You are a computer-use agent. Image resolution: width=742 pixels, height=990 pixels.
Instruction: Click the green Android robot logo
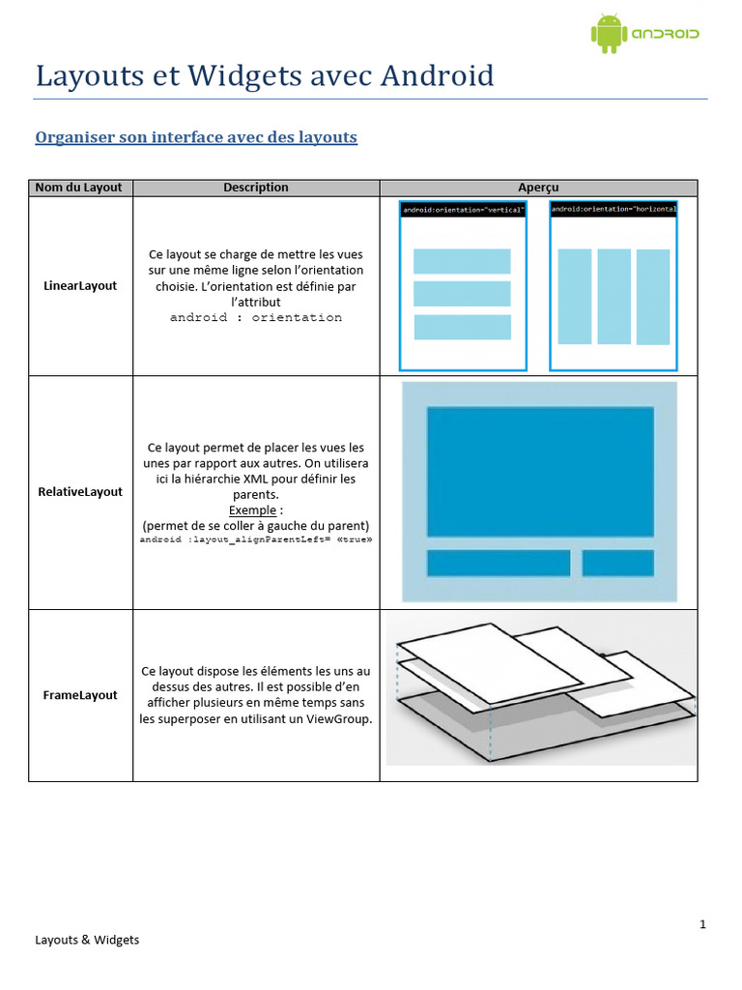[608, 33]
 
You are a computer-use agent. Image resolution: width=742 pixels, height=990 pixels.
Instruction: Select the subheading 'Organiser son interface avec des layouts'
[196, 137]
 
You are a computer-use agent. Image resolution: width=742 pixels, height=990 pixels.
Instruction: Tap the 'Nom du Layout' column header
[79, 188]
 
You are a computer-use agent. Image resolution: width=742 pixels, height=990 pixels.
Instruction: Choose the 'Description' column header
[256, 188]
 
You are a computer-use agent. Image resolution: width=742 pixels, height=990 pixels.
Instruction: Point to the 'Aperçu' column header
[538, 188]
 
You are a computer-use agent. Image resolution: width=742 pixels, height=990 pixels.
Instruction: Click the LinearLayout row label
[80, 286]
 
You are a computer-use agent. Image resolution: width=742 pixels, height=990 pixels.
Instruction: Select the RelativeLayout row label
[80, 492]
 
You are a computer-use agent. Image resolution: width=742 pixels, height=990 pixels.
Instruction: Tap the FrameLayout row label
[80, 695]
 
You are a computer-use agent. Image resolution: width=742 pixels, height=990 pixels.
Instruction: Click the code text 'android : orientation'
[256, 317]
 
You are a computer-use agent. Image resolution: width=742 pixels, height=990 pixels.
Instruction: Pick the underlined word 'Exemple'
[253, 510]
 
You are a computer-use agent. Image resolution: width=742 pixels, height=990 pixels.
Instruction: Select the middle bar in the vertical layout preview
[462, 294]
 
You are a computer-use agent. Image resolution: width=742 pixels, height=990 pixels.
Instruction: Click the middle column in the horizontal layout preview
[614, 297]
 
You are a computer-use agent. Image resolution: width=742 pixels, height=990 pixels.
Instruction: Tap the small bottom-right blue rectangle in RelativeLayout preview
[617, 563]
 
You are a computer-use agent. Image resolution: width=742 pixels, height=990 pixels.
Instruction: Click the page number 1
[702, 924]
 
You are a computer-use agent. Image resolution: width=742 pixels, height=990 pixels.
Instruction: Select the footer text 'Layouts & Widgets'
[87, 940]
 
